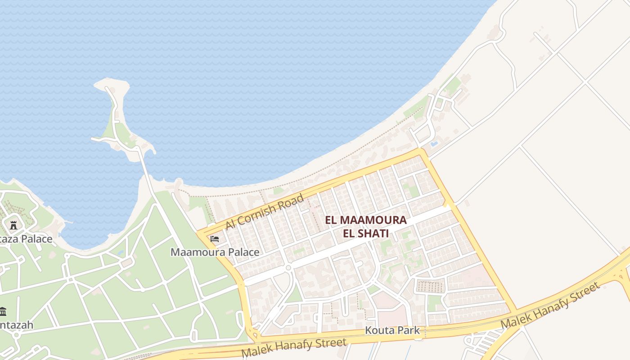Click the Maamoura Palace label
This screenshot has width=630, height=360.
pyautogui.click(x=215, y=252)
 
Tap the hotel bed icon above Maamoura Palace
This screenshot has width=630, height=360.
pyautogui.click(x=215, y=238)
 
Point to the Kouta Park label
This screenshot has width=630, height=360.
pyautogui.click(x=392, y=330)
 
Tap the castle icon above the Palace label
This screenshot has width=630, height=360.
pyautogui.click(x=13, y=225)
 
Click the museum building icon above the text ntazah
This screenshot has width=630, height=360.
pyautogui.click(x=3, y=311)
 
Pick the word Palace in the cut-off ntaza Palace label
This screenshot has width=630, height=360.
pyautogui.click(x=36, y=239)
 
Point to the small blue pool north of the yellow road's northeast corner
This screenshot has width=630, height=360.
pyautogui.click(x=434, y=144)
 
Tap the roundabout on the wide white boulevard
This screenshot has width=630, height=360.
pyautogui.click(x=288, y=268)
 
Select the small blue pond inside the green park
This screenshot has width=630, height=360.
pyautogui.click(x=120, y=253)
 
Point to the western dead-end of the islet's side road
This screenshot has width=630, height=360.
pyautogui.click(x=93, y=139)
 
